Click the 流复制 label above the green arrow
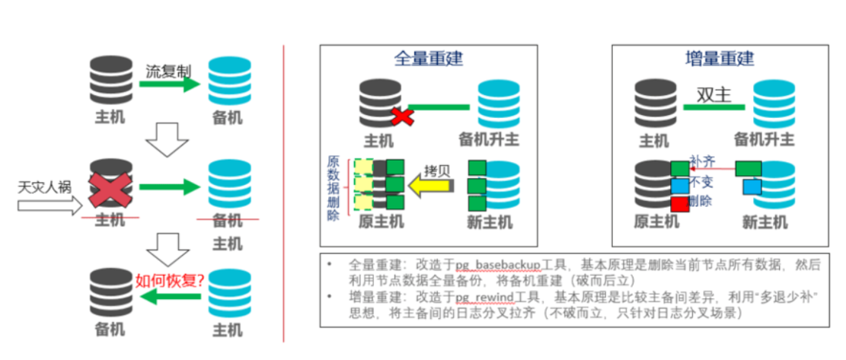click(168, 71)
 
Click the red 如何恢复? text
click(168, 279)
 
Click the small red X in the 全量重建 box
click(402, 116)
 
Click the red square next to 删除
click(679, 204)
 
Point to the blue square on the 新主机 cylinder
click(752, 186)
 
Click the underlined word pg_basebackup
click(498, 264)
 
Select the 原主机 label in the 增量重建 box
click(656, 222)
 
